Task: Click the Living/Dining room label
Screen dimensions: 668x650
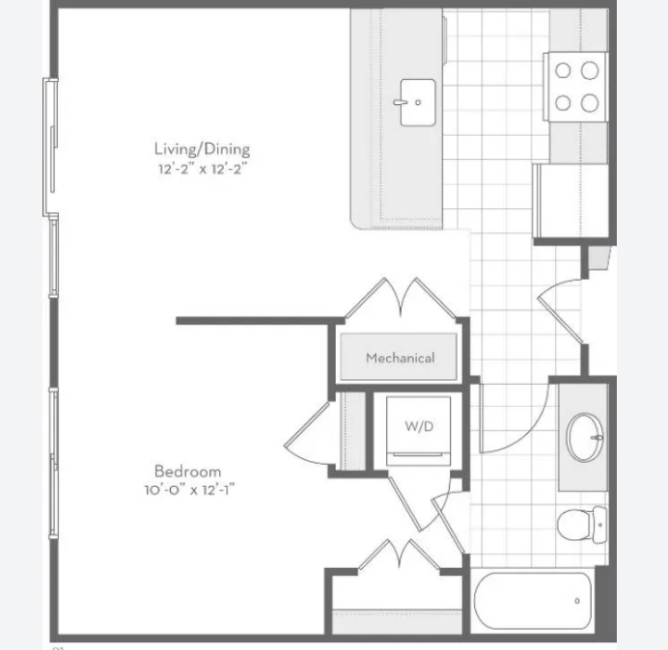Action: click(x=202, y=149)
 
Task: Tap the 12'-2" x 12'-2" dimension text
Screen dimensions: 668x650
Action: click(x=203, y=169)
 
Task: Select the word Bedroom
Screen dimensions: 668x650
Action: click(x=187, y=472)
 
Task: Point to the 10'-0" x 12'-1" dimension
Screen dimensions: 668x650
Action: click(x=189, y=490)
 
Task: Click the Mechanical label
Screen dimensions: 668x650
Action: click(x=400, y=358)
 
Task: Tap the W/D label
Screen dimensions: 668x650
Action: click(x=419, y=425)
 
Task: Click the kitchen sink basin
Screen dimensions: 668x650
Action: click(x=418, y=102)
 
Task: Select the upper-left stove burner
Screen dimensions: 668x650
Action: click(x=563, y=70)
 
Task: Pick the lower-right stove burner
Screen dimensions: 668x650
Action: click(x=590, y=103)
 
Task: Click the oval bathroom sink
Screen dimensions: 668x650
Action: click(x=585, y=437)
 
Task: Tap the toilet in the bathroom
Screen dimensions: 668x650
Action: click(x=582, y=525)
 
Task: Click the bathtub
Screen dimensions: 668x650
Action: click(x=533, y=601)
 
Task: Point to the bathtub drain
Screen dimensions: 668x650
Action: click(x=577, y=601)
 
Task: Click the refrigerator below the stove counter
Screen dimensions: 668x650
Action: click(x=571, y=201)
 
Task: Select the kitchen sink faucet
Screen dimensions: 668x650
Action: click(x=401, y=102)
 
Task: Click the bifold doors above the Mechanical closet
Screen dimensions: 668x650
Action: click(x=401, y=298)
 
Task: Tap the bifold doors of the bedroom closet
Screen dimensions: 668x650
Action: click(x=400, y=555)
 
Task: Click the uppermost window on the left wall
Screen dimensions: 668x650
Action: click(x=51, y=147)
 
